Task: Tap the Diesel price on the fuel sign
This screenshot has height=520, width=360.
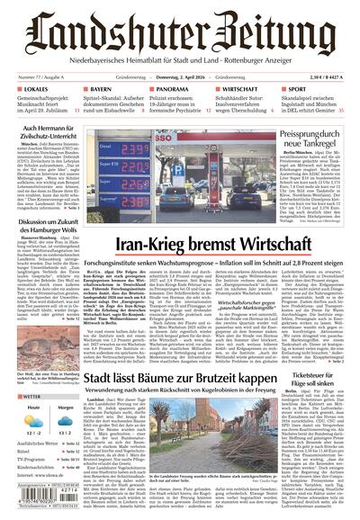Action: click(x=134, y=149)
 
